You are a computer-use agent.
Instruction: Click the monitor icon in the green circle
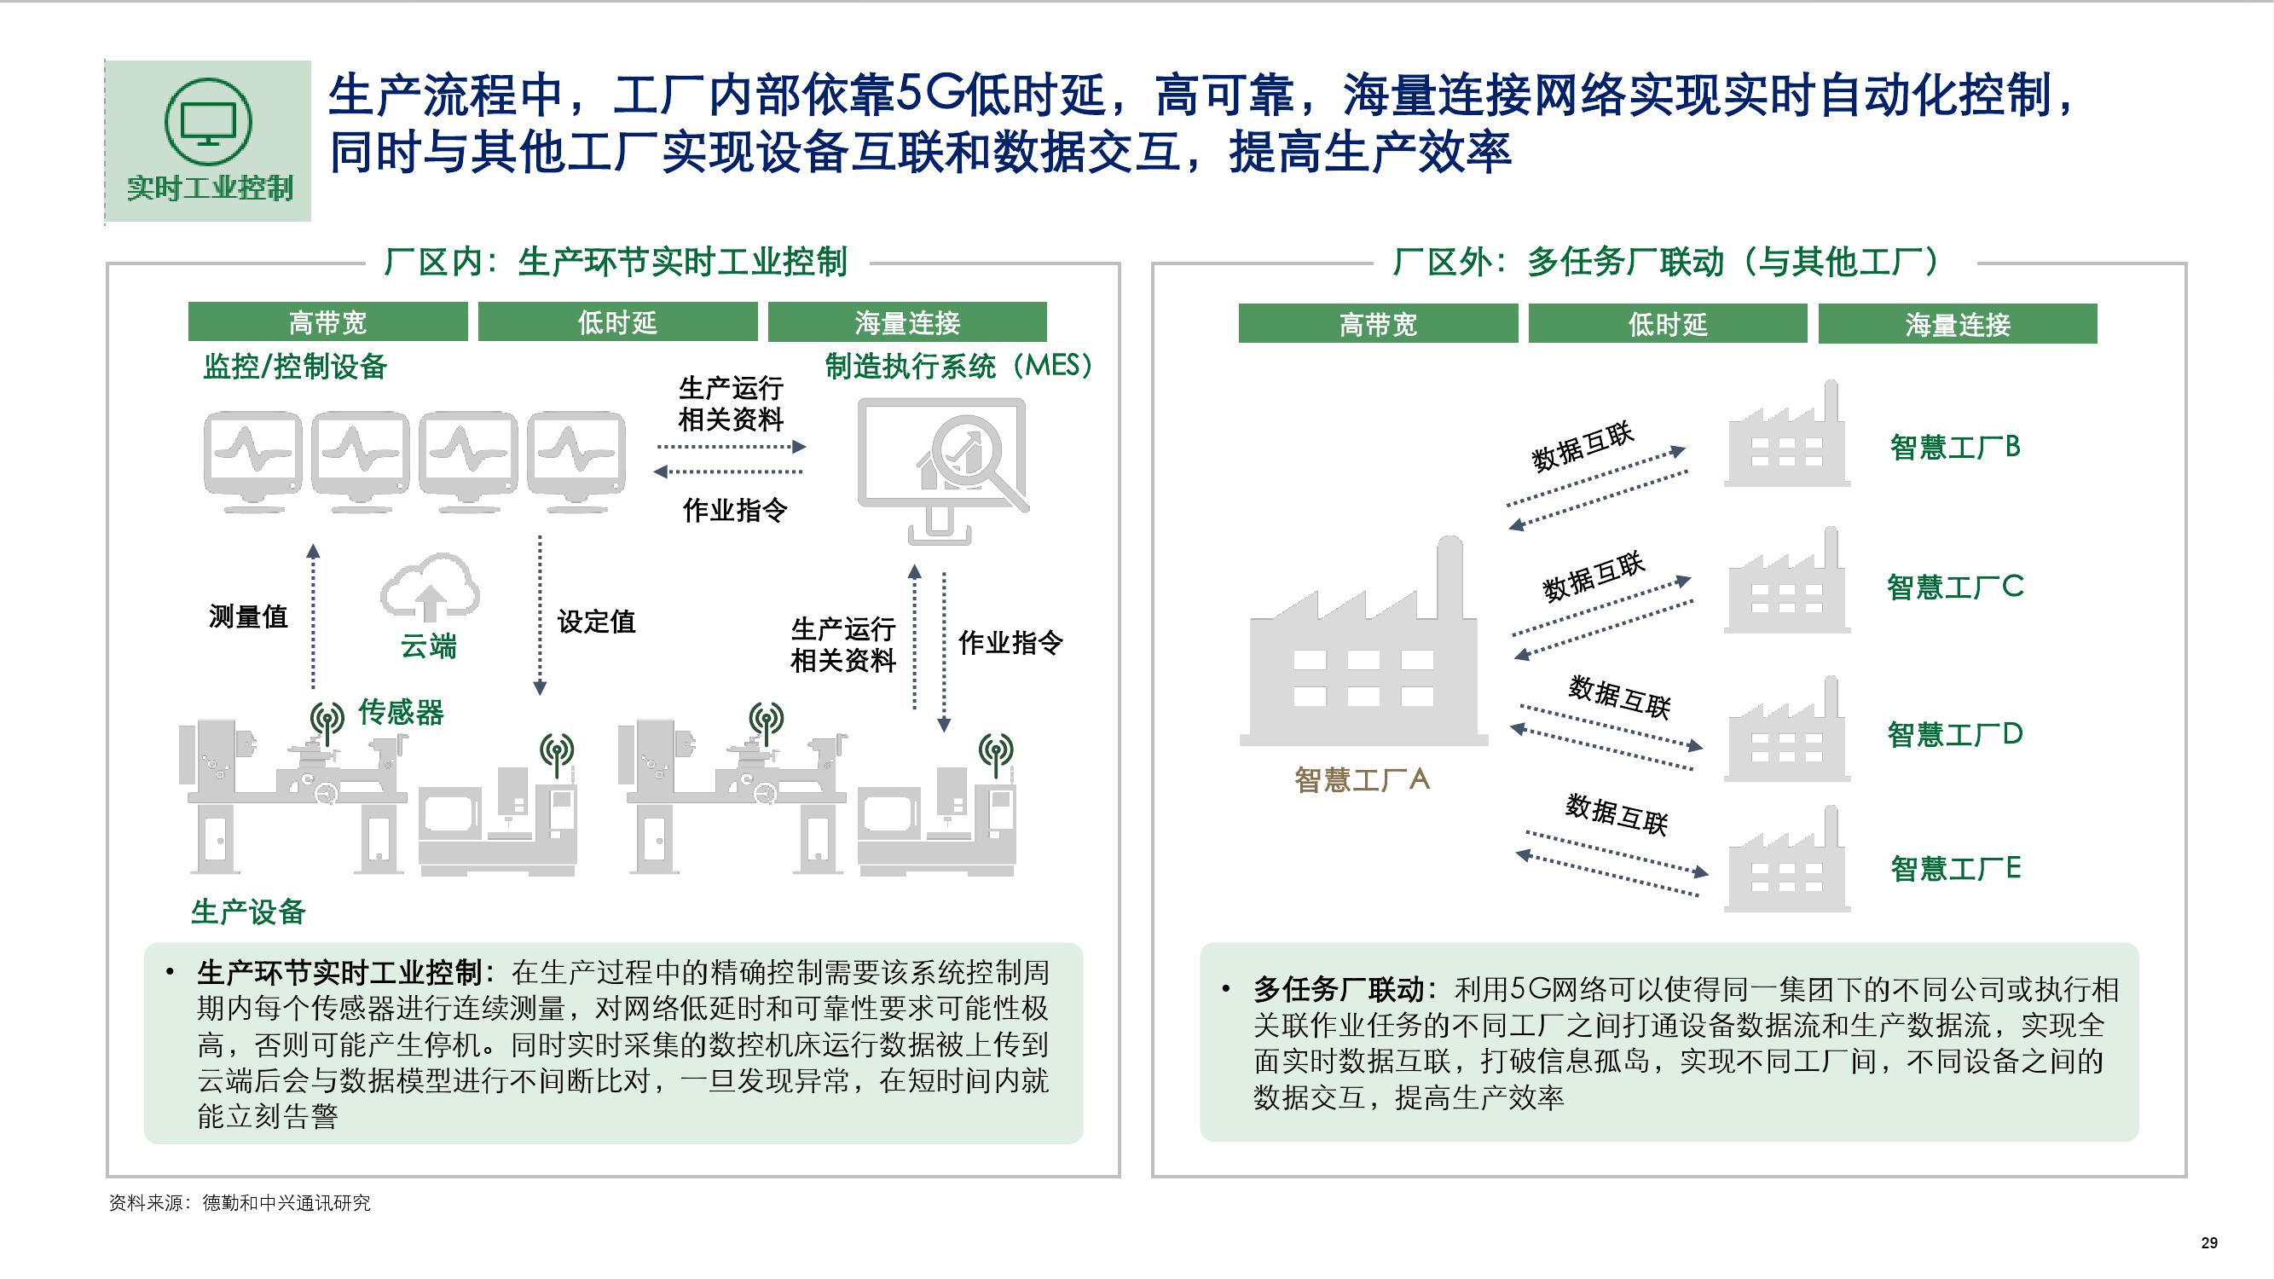click(208, 124)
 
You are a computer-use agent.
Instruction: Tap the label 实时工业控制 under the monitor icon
click(209, 188)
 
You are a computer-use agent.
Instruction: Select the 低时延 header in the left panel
click(618, 322)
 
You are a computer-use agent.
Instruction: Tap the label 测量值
click(248, 616)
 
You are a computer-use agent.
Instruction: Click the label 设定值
click(596, 622)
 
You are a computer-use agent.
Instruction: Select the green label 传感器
click(401, 711)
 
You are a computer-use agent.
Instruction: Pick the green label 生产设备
click(248, 911)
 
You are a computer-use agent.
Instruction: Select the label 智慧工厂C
click(1954, 586)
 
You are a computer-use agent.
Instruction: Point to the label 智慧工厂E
click(1954, 869)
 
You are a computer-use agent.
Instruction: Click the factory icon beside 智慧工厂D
click(1787, 729)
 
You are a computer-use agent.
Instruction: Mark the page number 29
click(2208, 1243)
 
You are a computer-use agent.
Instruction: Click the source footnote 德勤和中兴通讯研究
click(286, 1203)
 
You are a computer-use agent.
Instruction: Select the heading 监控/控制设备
click(295, 367)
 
